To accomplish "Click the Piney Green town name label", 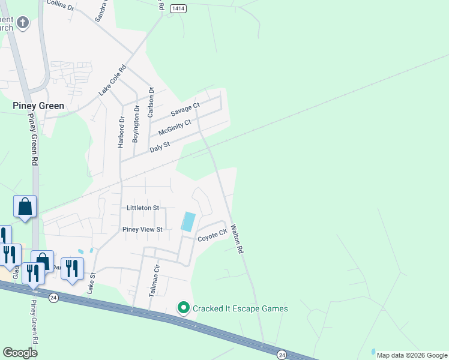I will [x=38, y=105].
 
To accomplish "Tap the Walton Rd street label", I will [x=237, y=238].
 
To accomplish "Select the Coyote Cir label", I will [x=213, y=236].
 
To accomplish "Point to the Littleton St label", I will [x=142, y=208].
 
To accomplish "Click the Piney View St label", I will [x=142, y=229].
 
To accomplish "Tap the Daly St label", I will [x=160, y=145].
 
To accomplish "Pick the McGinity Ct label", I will [x=174, y=127].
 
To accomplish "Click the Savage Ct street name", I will [x=185, y=109].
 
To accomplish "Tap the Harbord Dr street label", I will [x=121, y=132].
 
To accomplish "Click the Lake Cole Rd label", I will [x=113, y=80].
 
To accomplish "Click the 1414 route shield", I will [x=178, y=8].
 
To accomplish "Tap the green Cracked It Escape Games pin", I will [x=184, y=308].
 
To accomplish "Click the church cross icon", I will [x=23, y=23].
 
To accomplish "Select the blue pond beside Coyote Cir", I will [x=188, y=221].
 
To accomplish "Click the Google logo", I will [x=20, y=353].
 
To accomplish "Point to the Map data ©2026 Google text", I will [x=411, y=355].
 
